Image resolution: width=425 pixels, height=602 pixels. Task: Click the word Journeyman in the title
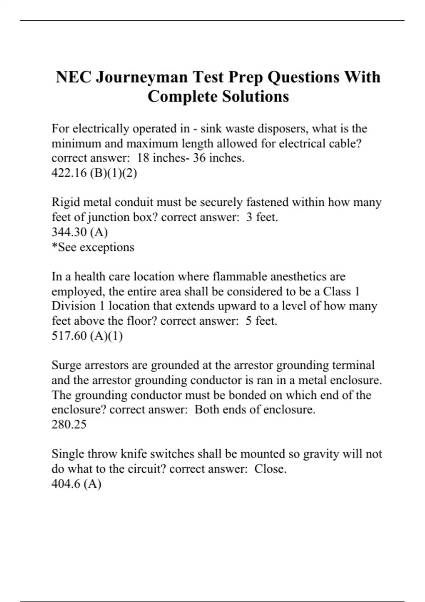(142, 78)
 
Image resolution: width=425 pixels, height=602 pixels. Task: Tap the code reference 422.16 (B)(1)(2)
(94, 173)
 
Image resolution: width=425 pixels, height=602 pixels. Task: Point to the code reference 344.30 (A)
(80, 232)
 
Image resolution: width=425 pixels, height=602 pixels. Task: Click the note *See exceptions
(93, 247)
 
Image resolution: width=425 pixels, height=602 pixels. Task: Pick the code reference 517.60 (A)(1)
(87, 335)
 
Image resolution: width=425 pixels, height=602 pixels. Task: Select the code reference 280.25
(69, 424)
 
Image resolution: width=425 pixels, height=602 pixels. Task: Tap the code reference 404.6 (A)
(76, 483)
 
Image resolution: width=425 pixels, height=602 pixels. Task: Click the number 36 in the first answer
(199, 158)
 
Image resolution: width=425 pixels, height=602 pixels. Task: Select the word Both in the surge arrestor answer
(206, 410)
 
